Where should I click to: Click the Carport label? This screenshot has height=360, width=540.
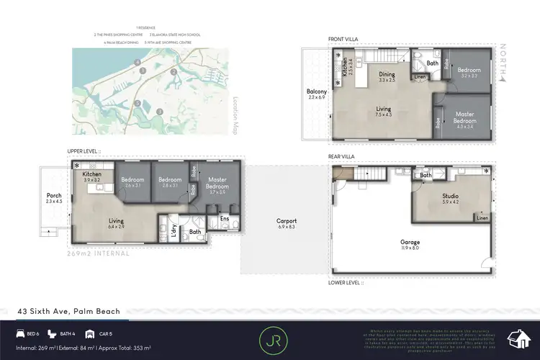click(286, 221)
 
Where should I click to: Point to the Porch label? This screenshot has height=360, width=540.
click(54, 195)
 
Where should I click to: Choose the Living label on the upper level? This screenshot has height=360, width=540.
click(117, 222)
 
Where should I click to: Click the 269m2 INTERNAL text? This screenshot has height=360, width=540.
click(99, 253)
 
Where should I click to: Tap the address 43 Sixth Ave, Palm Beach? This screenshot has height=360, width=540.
click(69, 312)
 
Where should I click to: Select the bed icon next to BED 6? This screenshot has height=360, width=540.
click(19, 334)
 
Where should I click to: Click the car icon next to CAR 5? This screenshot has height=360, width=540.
click(89, 334)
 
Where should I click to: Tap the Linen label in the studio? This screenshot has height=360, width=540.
click(482, 218)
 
